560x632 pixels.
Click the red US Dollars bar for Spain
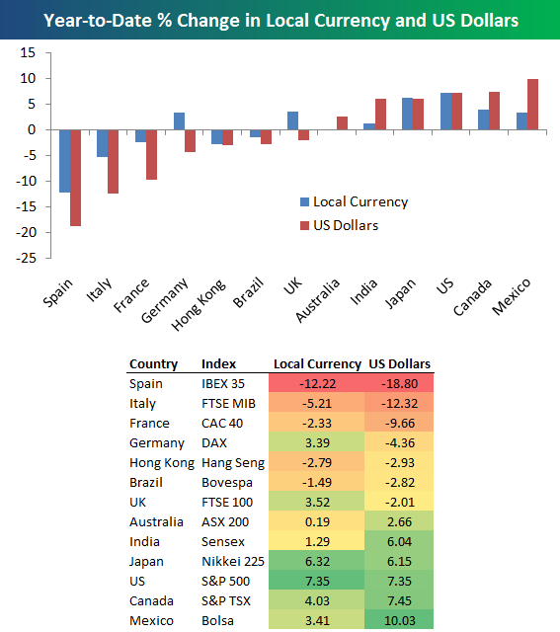click(75, 178)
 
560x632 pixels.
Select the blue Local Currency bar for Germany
click(179, 120)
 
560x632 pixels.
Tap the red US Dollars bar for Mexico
click(533, 105)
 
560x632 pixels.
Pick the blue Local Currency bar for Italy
click(103, 143)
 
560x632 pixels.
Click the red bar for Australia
click(342, 122)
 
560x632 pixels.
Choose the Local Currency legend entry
click(355, 201)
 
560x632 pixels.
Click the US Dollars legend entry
click(340, 225)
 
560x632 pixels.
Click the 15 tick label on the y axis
click(28, 52)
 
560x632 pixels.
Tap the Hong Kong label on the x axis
click(199, 305)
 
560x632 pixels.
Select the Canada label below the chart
click(472, 297)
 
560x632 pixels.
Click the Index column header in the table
click(218, 364)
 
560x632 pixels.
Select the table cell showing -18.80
click(399, 383)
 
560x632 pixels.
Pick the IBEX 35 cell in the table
click(223, 383)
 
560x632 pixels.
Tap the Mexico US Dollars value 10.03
click(399, 620)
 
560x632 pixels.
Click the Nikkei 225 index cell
click(233, 561)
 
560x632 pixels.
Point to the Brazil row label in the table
click(146, 482)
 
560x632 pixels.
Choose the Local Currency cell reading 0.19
click(317, 521)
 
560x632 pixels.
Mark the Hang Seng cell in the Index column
click(233, 463)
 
